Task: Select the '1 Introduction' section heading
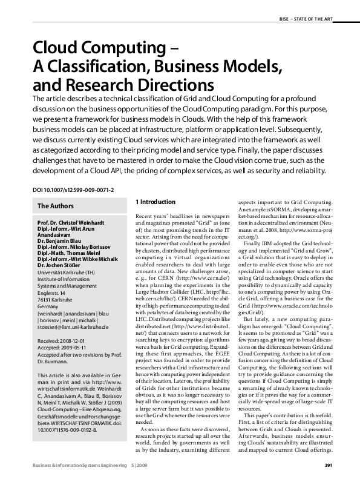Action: (x=155, y=202)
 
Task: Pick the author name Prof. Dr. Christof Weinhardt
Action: (x=74, y=223)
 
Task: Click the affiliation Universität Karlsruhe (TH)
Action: (x=68, y=273)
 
